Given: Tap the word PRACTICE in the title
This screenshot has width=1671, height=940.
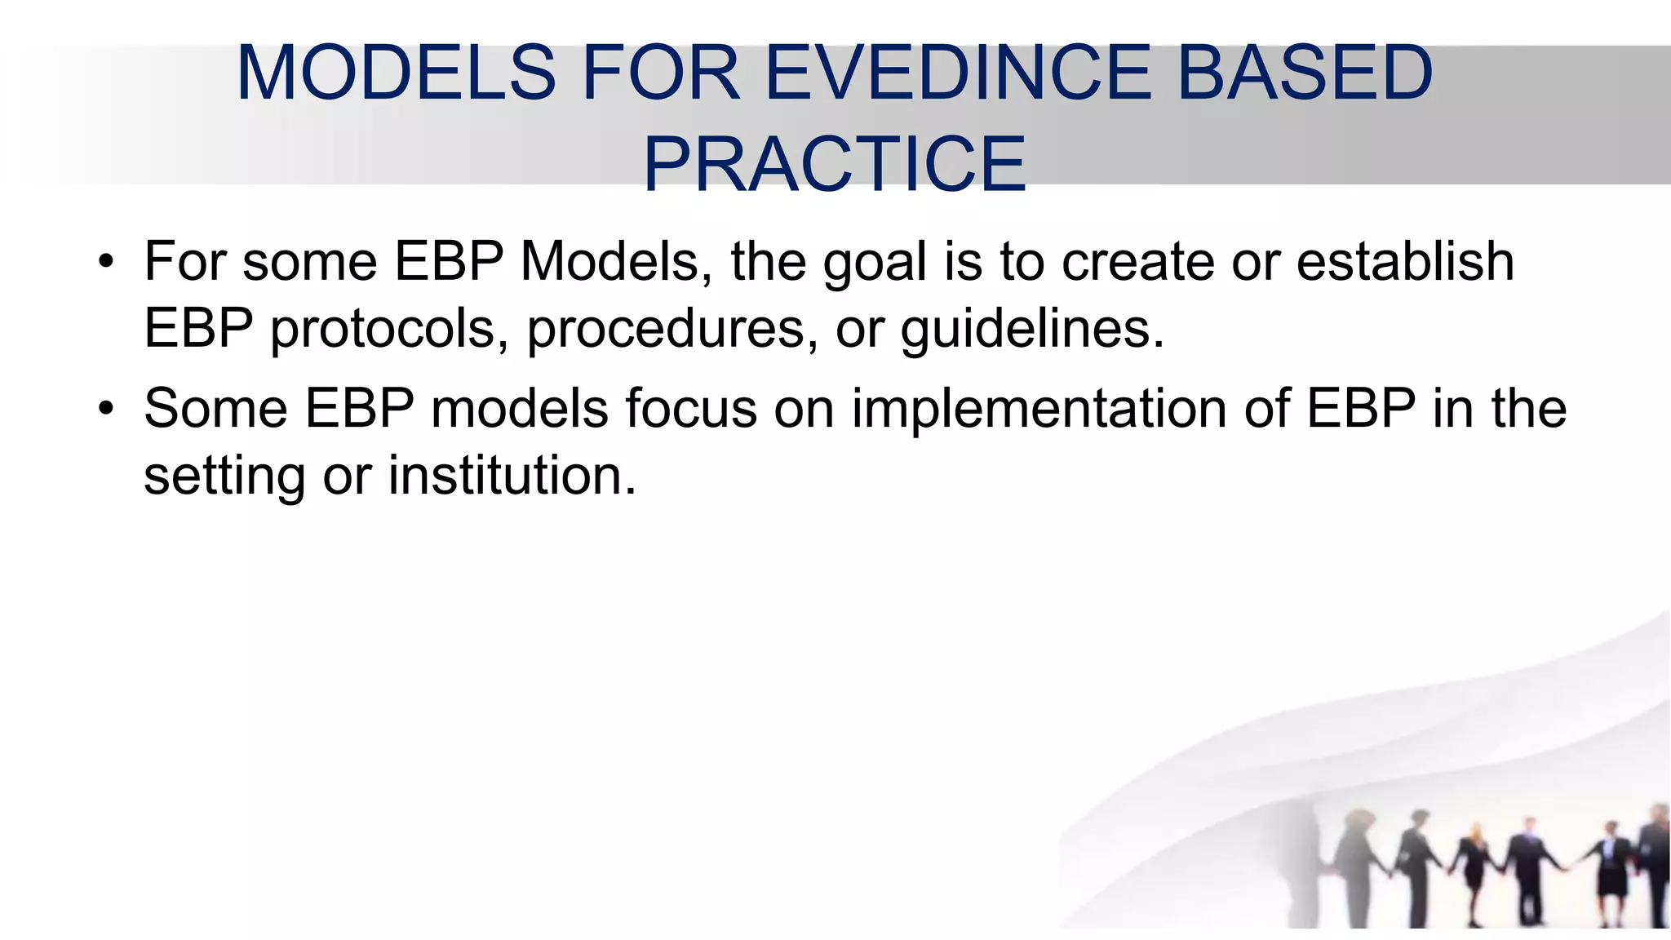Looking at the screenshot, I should (x=835, y=165).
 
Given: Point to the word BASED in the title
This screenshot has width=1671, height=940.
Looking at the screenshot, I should (x=1305, y=73).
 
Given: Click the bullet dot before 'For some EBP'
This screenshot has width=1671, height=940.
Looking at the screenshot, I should (x=105, y=263).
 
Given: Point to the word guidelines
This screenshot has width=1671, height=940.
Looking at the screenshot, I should (x=1031, y=329).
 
